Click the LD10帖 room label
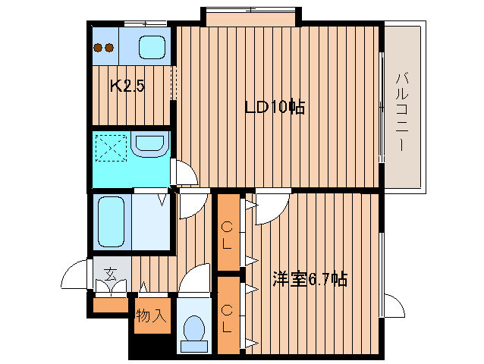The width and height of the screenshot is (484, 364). click(274, 108)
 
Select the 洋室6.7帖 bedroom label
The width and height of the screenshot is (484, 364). click(310, 279)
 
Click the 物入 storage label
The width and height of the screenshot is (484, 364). click(151, 315)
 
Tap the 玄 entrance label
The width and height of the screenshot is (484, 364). click(111, 275)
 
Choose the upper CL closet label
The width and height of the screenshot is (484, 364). click(228, 235)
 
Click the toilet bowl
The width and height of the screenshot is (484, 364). click(196, 328)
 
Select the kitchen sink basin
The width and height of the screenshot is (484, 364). click(155, 47)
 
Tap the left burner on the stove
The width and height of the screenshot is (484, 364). click(99, 47)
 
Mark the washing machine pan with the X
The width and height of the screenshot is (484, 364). click(111, 149)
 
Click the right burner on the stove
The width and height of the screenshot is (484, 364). click(110, 47)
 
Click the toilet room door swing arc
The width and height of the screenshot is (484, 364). click(196, 278)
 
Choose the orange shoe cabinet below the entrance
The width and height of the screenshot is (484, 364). click(111, 305)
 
